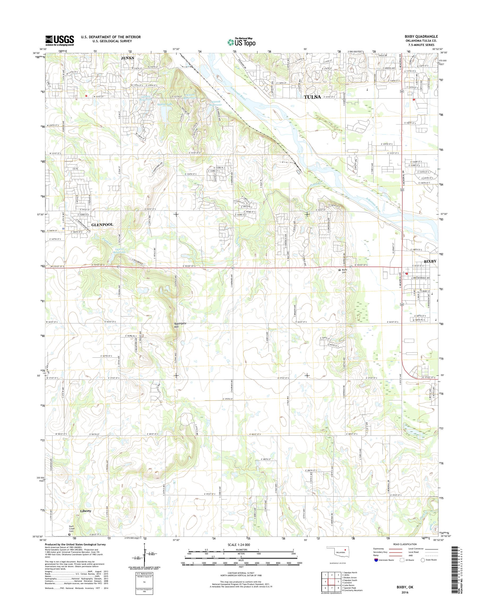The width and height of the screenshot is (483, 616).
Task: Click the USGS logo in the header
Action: (x=60, y=40)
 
